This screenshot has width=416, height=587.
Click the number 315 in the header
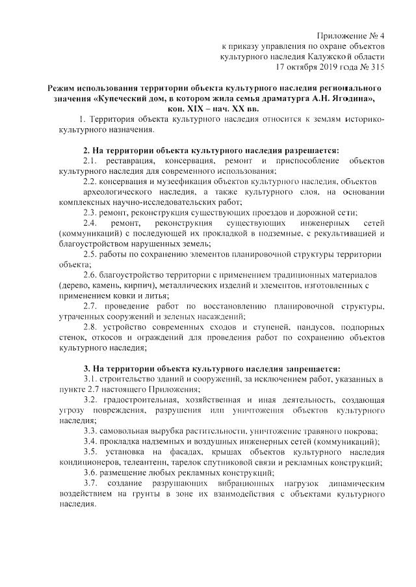point(377,67)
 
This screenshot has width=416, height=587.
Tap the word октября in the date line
point(305,67)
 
